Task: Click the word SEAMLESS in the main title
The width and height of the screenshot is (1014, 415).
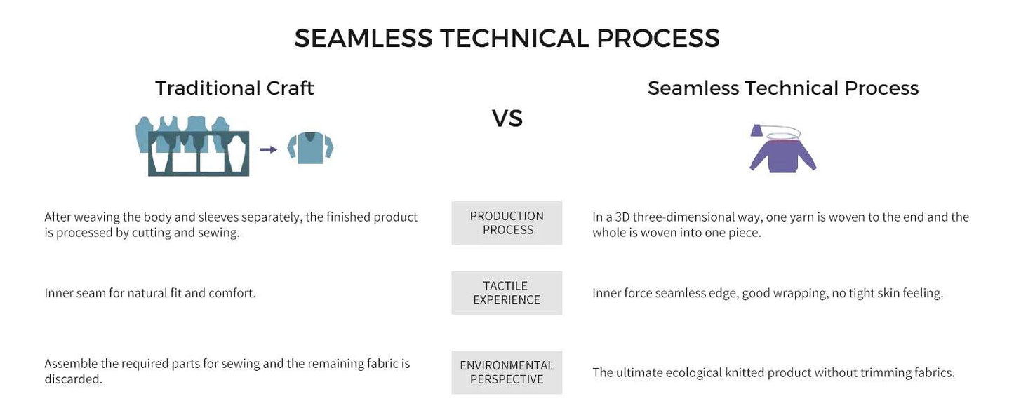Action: click(363, 38)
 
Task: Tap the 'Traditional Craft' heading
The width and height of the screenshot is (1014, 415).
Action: click(234, 88)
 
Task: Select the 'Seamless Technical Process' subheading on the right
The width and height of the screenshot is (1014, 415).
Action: click(782, 88)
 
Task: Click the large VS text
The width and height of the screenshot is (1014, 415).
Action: click(507, 118)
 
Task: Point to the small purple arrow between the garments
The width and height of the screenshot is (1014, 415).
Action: click(268, 149)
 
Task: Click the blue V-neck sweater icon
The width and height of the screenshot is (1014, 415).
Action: click(310, 148)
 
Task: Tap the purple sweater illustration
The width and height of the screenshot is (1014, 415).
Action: click(782, 156)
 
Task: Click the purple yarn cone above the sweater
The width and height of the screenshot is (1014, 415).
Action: click(756, 130)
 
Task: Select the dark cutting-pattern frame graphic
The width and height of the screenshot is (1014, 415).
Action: click(199, 154)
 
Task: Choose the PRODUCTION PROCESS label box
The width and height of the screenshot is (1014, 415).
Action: click(507, 223)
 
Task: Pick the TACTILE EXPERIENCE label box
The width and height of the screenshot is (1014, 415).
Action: click(507, 293)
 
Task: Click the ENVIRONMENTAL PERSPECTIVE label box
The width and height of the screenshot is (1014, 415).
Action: click(507, 372)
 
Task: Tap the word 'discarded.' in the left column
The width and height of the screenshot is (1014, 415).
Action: click(74, 379)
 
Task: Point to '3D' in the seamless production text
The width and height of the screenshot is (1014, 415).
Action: click(622, 217)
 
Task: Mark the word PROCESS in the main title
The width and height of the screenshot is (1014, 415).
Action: click(658, 38)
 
